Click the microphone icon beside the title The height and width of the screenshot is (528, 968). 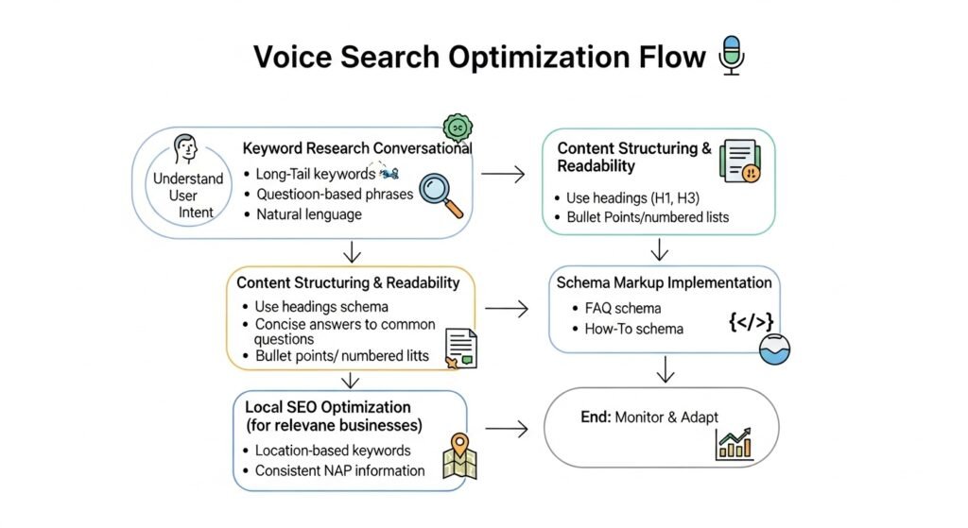730,55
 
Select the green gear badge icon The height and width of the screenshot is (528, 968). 458,128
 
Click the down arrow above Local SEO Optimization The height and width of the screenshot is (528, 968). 351,380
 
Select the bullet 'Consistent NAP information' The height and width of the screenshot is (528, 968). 339,470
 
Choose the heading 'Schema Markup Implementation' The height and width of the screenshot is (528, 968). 664,282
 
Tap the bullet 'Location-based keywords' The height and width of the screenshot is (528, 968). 333,451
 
